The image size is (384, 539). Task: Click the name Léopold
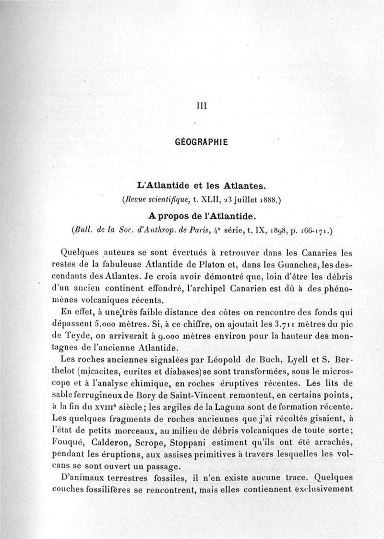click(216, 358)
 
